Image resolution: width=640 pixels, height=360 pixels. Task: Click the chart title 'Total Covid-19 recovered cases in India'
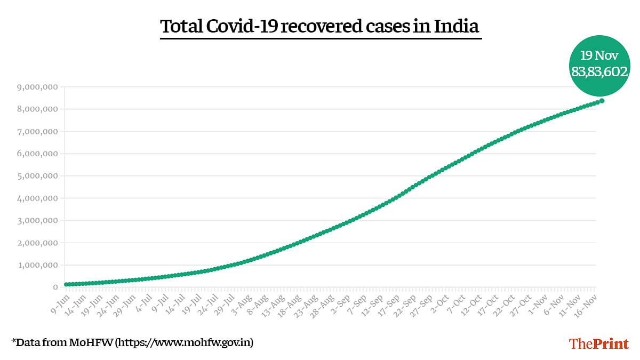coord(320,26)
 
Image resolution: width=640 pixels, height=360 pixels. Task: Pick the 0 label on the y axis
coord(55,287)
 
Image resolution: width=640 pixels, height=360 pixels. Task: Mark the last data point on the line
coord(602,101)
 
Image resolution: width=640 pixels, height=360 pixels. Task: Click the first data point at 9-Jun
coord(67,284)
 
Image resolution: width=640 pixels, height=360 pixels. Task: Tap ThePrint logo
coord(599,343)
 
